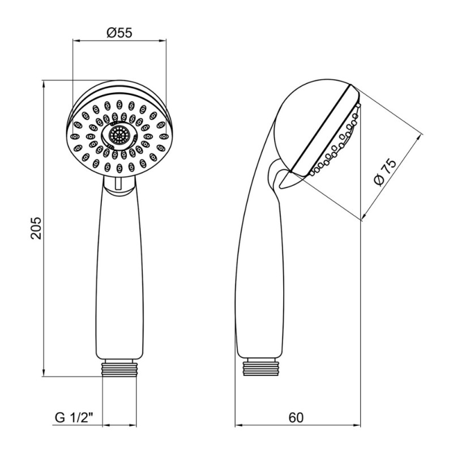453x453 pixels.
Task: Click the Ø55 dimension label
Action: [x=119, y=33]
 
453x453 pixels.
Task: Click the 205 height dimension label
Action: [x=36, y=228]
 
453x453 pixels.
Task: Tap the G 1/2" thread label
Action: [x=74, y=418]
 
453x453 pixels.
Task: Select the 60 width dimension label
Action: [x=296, y=417]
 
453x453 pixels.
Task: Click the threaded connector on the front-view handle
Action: [x=119, y=367]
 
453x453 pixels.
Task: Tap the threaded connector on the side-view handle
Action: [x=260, y=367]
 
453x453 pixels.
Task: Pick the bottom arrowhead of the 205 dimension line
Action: [x=44, y=373]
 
